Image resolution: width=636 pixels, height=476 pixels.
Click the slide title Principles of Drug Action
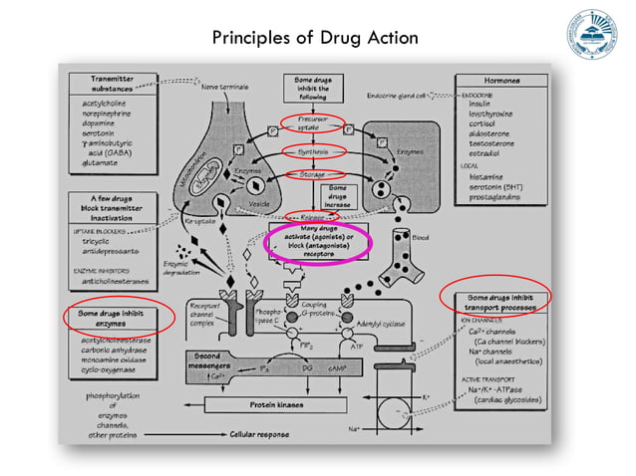click(x=315, y=39)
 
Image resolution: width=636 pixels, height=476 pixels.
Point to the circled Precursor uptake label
click(x=313, y=123)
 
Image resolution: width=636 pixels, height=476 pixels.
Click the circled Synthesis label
click(x=313, y=152)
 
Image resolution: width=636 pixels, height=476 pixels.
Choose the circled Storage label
click(x=313, y=175)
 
